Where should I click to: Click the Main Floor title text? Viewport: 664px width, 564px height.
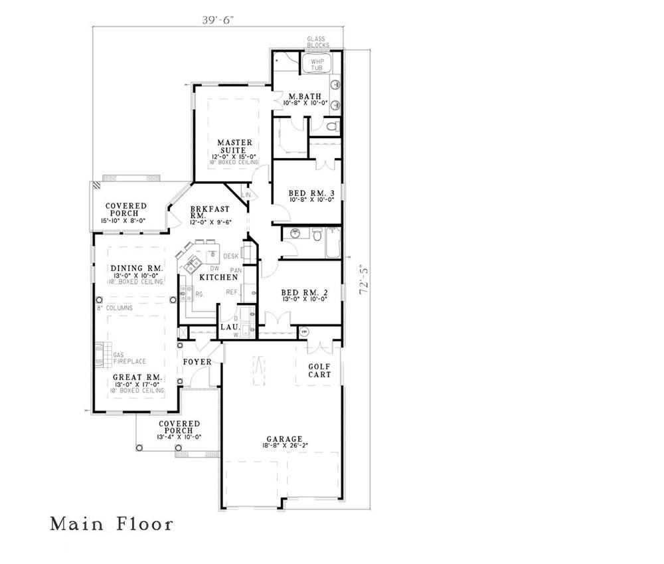tap(112, 524)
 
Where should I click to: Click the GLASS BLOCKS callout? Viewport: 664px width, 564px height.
tap(317, 43)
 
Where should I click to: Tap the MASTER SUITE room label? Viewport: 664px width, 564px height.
tap(235, 146)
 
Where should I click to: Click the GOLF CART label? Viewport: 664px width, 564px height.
tap(319, 370)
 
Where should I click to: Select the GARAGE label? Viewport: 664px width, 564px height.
tap(285, 439)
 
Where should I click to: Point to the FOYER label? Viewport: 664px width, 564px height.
tap(197, 362)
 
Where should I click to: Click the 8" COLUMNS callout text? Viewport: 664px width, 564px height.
tap(115, 308)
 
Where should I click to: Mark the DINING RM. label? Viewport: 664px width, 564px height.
tap(137, 268)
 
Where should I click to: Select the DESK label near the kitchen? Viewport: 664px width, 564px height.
tap(230, 256)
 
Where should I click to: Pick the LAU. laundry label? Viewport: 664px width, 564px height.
tap(230, 327)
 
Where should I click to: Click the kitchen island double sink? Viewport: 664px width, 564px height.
tap(189, 261)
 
